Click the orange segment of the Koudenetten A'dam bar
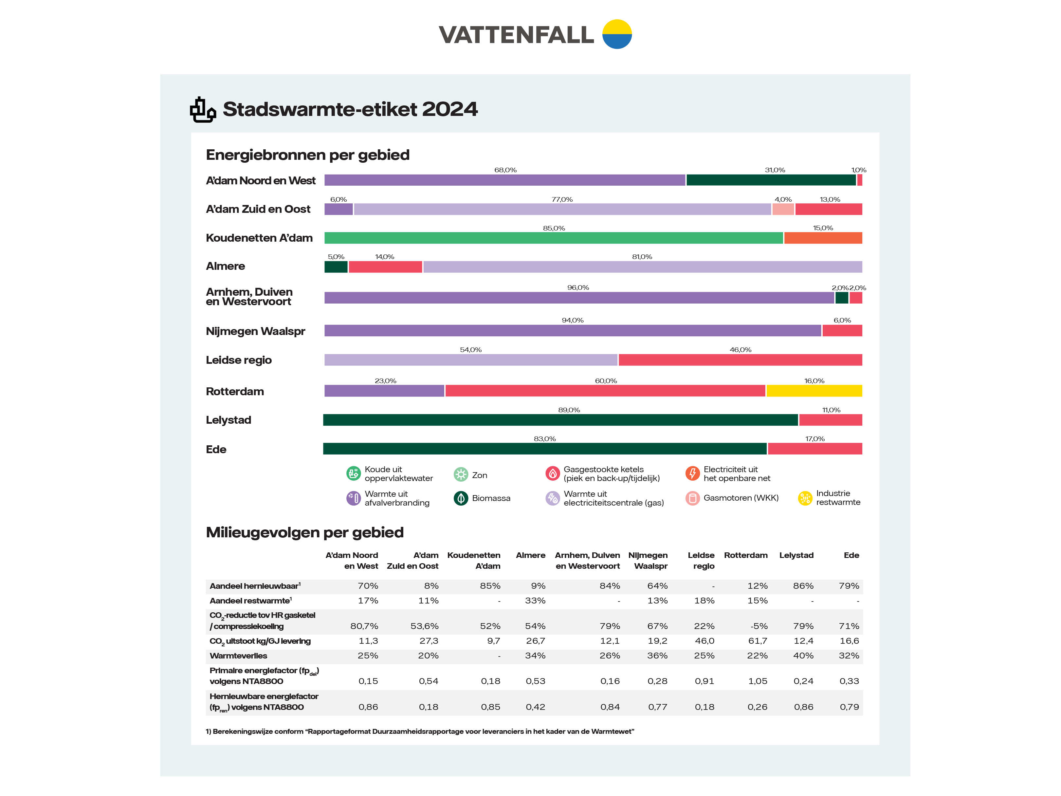[823, 238]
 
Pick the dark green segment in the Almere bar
[336, 267]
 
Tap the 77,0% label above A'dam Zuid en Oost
[562, 199]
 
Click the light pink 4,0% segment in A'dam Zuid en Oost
[783, 209]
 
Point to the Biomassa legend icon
[461, 498]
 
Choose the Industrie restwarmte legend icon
[805, 498]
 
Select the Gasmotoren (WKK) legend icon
[693, 498]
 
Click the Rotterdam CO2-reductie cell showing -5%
[759, 626]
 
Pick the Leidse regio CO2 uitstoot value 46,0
[704, 641]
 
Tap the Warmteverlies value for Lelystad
[803, 656]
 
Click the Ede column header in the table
[851, 555]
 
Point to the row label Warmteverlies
[238, 656]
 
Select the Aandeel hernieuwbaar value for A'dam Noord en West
[368, 586]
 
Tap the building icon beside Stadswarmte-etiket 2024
[202, 110]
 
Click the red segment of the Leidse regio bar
[740, 360]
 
